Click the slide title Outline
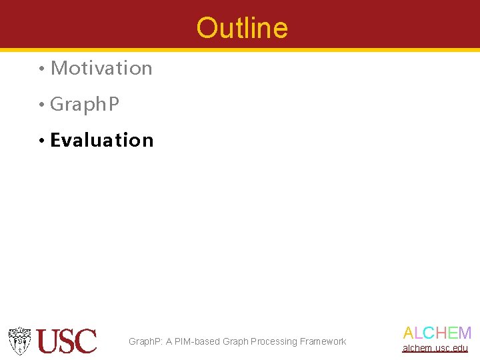pos(242,28)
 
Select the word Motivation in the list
pos(101,68)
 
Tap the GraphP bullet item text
pos(85,105)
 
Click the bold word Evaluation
pos(102,140)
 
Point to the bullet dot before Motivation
pos(41,69)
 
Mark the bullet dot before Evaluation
pos(41,141)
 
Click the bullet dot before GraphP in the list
pos(41,105)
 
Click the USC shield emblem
pos(20,341)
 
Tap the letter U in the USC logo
pos(49,341)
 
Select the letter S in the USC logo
pos(68,341)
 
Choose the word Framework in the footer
pos(323,341)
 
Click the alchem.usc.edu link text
pos(435,348)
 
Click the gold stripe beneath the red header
pos(240,49)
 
